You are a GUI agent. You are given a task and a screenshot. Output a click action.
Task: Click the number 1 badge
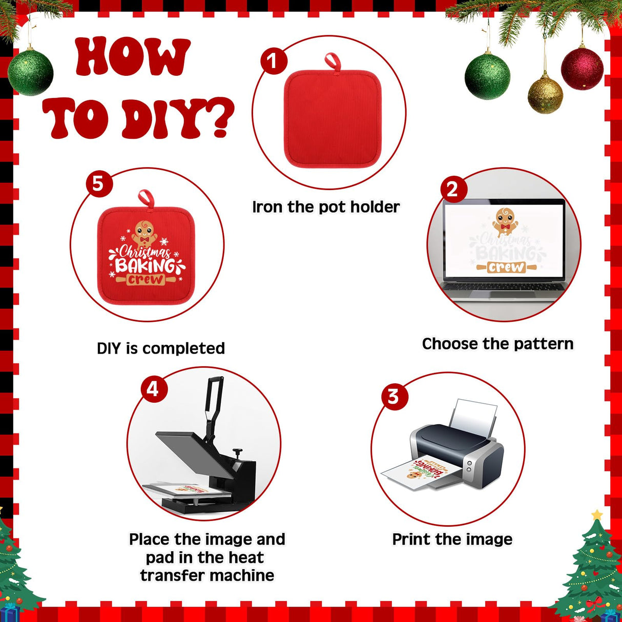click(x=274, y=61)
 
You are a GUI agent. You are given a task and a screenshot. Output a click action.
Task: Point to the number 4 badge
click(x=154, y=389)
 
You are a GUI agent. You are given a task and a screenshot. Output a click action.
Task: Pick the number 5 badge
click(x=99, y=184)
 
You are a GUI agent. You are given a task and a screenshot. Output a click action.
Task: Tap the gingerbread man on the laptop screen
click(x=505, y=222)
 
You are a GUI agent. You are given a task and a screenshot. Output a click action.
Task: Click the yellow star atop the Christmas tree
click(x=597, y=514)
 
